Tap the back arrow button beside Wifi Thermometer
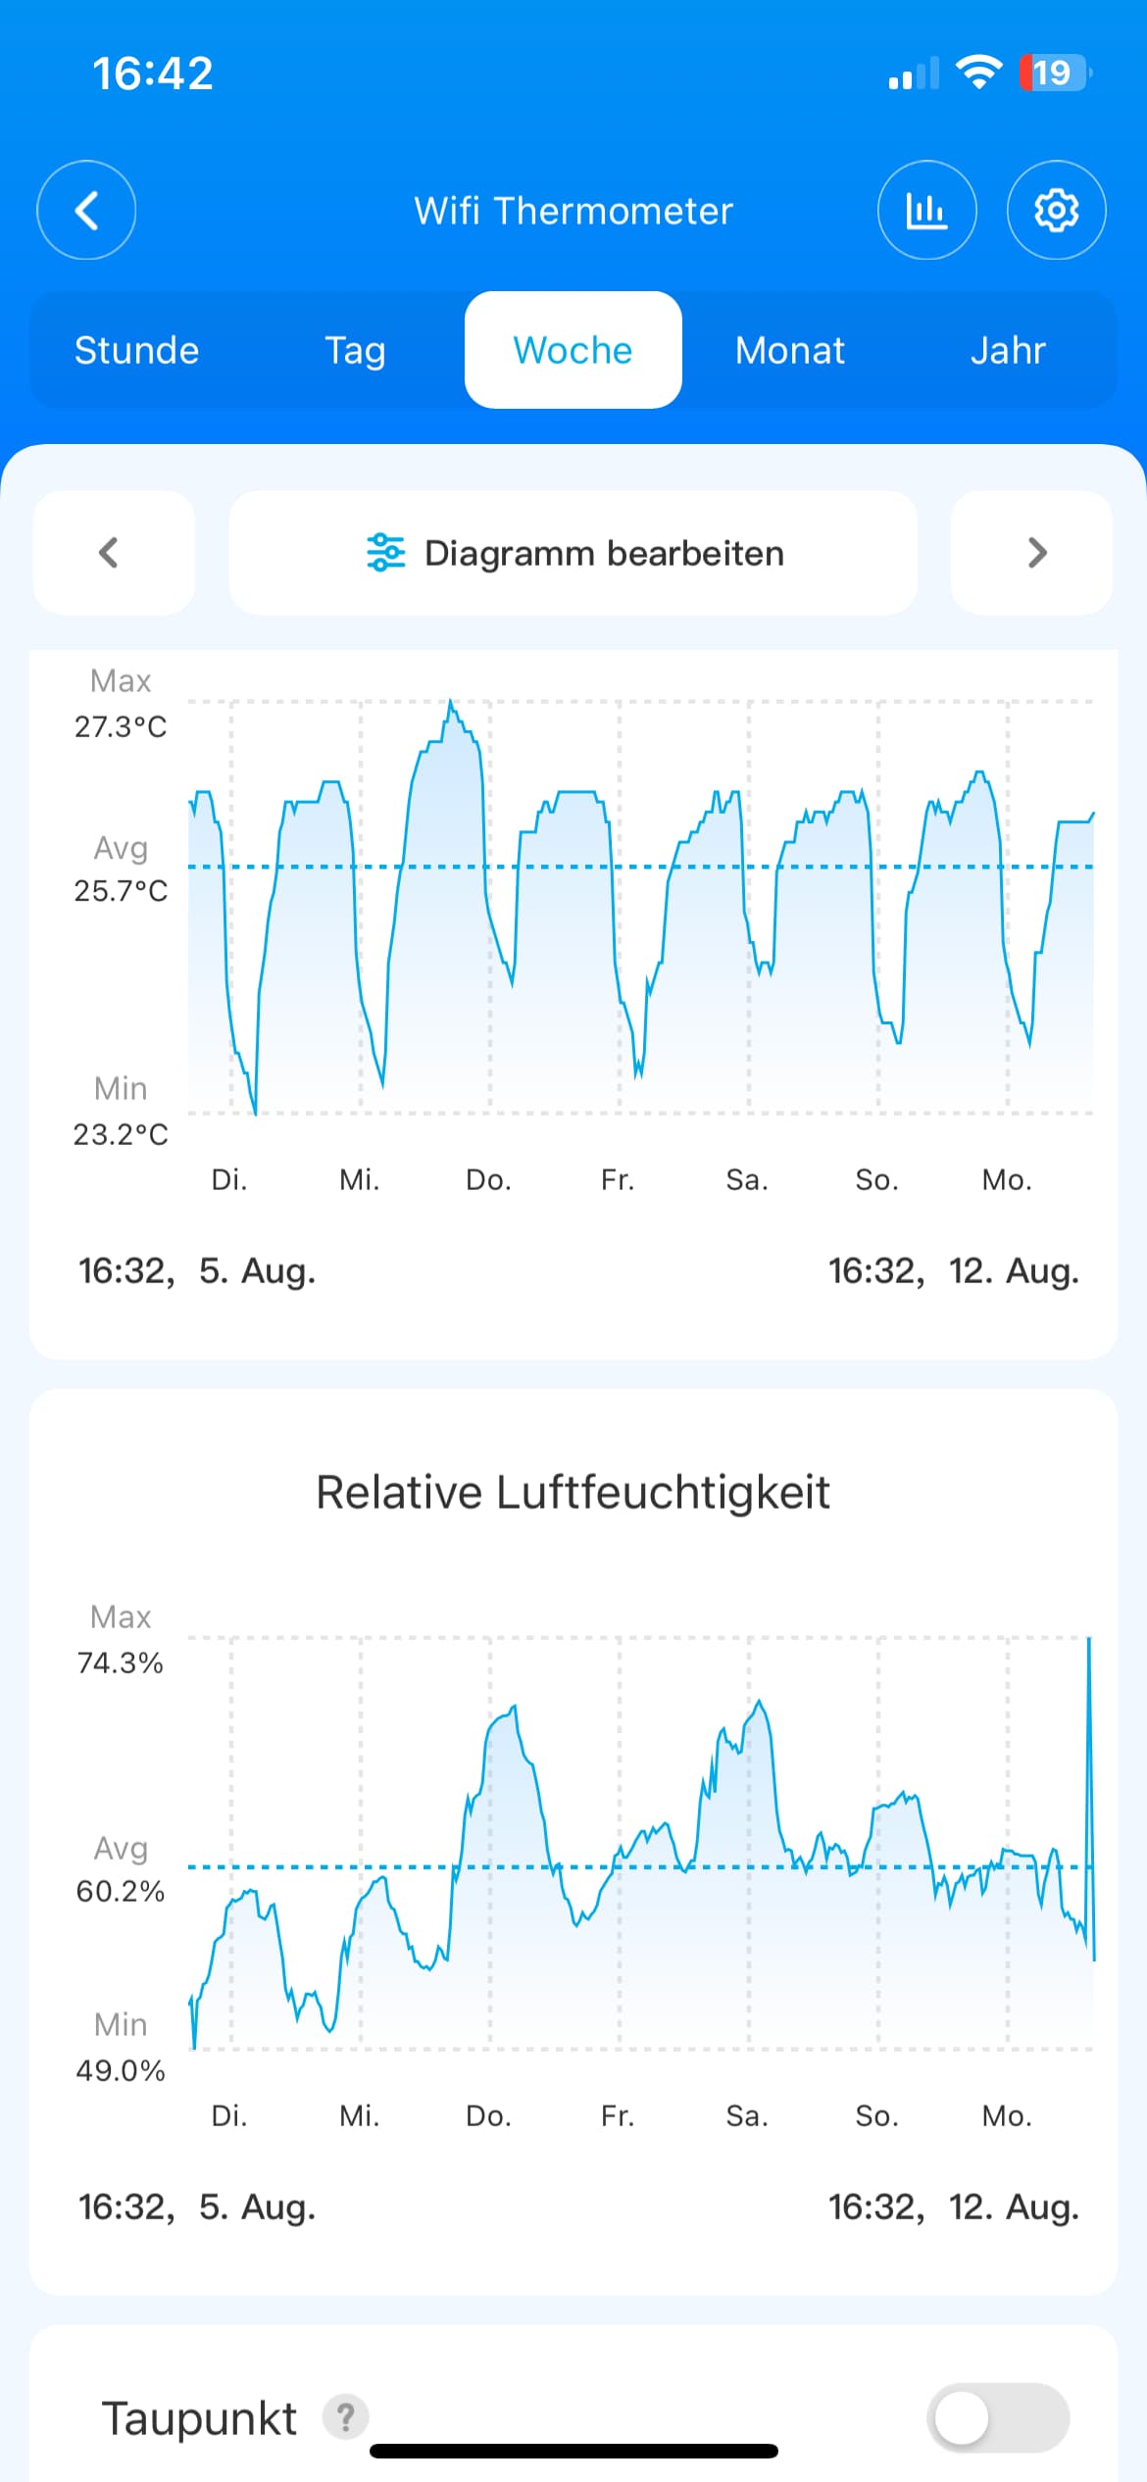pyautogui.click(x=86, y=210)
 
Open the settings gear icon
pyautogui.click(x=1056, y=210)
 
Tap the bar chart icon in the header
pyautogui.click(x=926, y=210)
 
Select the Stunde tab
pyautogui.click(x=137, y=350)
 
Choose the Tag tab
pyautogui.click(x=355, y=351)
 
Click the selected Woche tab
pyautogui.click(x=573, y=350)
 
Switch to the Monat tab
pyautogui.click(x=790, y=350)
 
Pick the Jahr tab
pyautogui.click(x=1008, y=350)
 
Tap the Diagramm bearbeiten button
pyautogui.click(x=573, y=553)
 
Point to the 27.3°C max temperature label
pyautogui.click(x=121, y=726)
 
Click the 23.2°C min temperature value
pyautogui.click(x=121, y=1134)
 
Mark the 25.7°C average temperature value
pyautogui.click(x=121, y=890)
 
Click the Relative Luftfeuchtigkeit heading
pyautogui.click(x=573, y=1493)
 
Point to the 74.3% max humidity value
pyautogui.click(x=121, y=1663)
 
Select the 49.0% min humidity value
pyautogui.click(x=121, y=2070)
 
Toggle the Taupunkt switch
pyautogui.click(x=998, y=2417)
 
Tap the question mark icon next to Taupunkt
pyautogui.click(x=346, y=2417)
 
